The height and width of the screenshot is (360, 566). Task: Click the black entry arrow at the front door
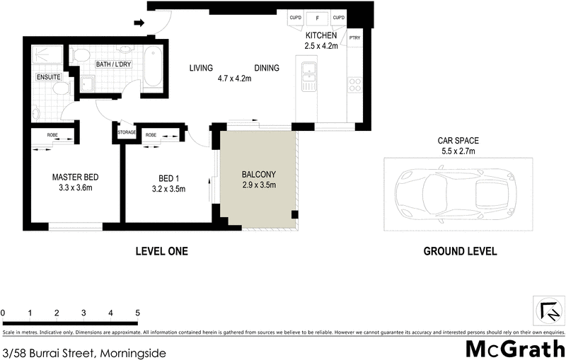pos(139,23)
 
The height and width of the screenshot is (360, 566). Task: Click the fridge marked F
pos(317,18)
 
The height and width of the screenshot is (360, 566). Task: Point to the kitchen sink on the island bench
pos(308,69)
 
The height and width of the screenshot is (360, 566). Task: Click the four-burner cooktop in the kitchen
pos(354,86)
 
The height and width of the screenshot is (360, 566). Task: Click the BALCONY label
pos(258,175)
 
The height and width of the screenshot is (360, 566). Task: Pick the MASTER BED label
pos(75,177)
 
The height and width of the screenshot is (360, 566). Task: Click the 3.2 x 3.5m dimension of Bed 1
pos(168,189)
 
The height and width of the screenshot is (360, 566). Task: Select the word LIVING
pos(202,68)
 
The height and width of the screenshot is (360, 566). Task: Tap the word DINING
pos(267,68)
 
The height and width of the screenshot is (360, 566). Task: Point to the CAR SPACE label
pos(458,140)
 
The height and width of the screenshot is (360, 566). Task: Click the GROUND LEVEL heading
pos(460,251)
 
